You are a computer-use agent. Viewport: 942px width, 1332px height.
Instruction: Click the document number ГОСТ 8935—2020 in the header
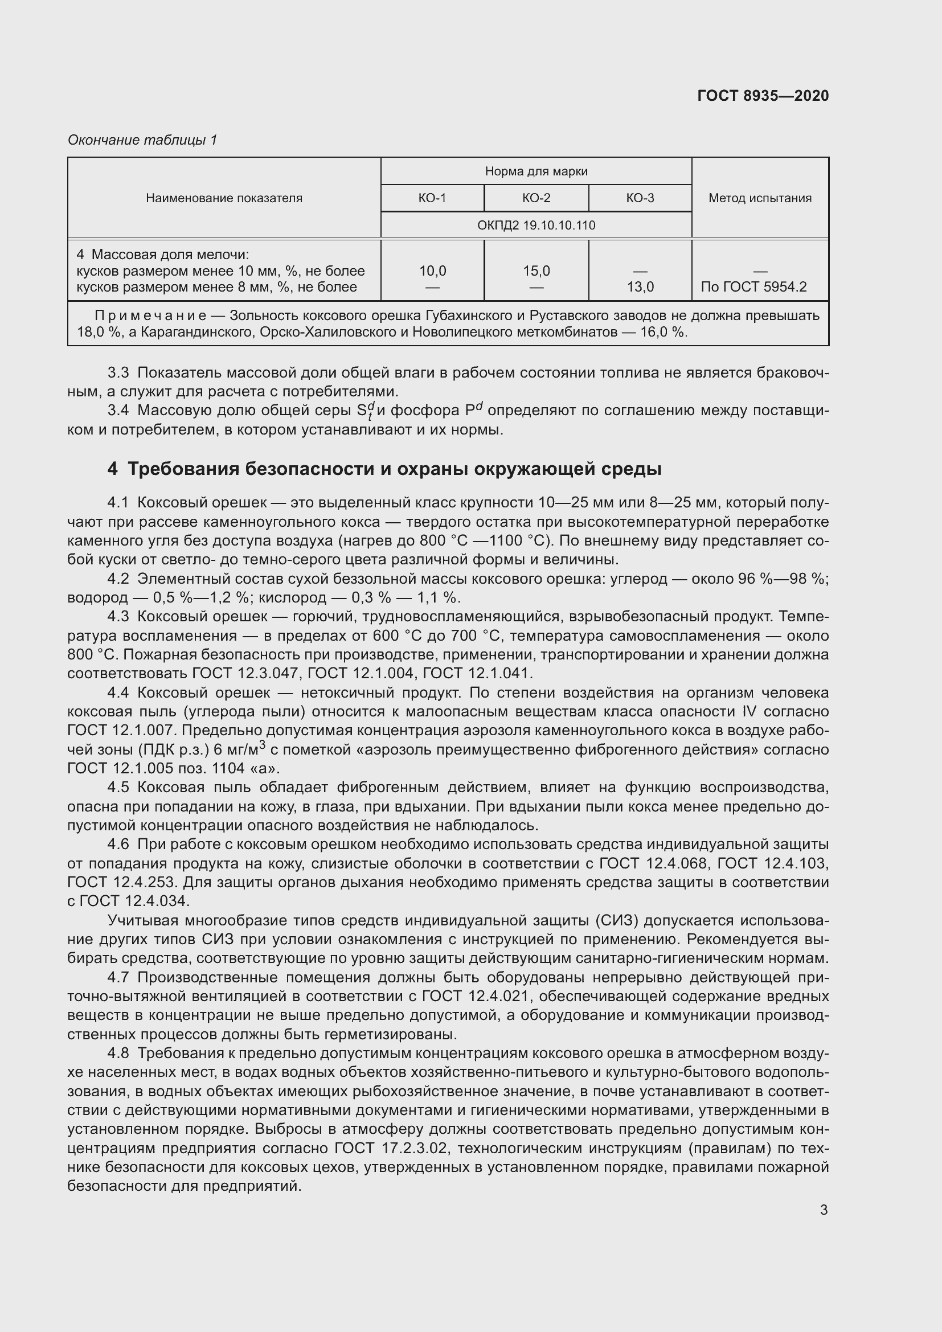pyautogui.click(x=763, y=96)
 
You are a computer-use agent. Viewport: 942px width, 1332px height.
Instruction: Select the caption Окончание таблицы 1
pyautogui.click(x=142, y=140)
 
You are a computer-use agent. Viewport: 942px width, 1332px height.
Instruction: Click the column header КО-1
pyautogui.click(x=432, y=198)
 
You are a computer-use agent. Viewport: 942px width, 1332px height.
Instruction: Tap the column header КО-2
pyautogui.click(x=536, y=198)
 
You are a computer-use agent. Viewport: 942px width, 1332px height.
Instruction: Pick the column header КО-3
pyautogui.click(x=640, y=198)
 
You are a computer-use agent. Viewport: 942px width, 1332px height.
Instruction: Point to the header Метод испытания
pyautogui.click(x=760, y=198)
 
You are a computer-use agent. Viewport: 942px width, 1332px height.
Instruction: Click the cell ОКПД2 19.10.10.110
pyautogui.click(x=536, y=225)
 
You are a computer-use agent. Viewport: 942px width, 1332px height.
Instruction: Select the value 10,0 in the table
pyautogui.click(x=433, y=271)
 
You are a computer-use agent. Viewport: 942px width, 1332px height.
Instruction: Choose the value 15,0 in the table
pyautogui.click(x=536, y=271)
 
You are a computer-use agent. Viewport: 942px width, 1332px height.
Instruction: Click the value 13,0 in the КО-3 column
pyautogui.click(x=640, y=287)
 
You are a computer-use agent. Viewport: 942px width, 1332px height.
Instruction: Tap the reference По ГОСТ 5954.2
pyautogui.click(x=753, y=287)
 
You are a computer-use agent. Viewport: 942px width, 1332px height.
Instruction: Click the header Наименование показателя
pyautogui.click(x=224, y=198)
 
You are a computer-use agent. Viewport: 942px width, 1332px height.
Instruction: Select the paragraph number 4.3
pyautogui.click(x=118, y=617)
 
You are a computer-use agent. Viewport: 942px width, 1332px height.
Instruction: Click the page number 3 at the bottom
pyautogui.click(x=824, y=1210)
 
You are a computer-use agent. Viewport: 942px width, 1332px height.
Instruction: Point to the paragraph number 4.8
pyautogui.click(x=118, y=1054)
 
